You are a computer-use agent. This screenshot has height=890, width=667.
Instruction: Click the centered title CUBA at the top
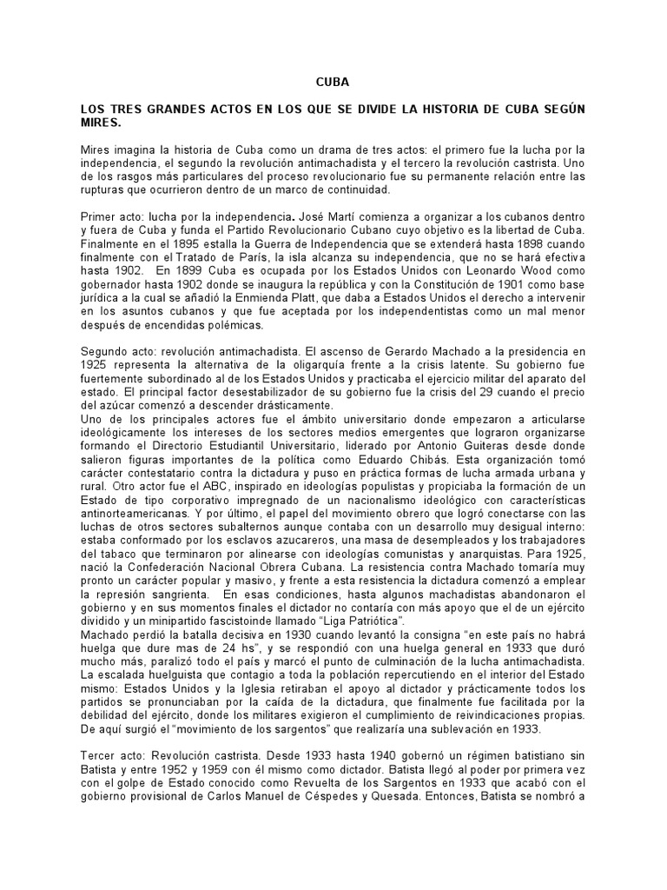point(332,83)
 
